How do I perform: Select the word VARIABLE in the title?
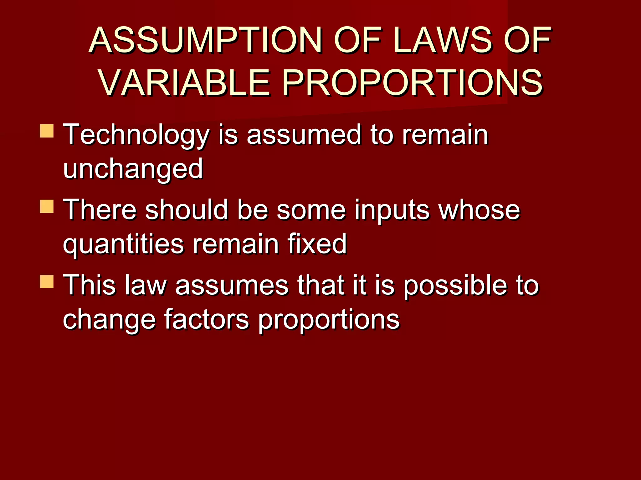185,83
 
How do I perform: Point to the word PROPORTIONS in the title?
412,83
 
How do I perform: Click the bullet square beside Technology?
47,131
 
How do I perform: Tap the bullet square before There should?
47,207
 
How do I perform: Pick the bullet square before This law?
47,282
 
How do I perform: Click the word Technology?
136,135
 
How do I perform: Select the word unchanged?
133,169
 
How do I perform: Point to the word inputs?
392,210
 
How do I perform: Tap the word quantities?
123,244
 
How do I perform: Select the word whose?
479,210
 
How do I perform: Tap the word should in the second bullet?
187,210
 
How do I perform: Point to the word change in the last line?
109,320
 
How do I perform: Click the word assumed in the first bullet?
304,135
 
